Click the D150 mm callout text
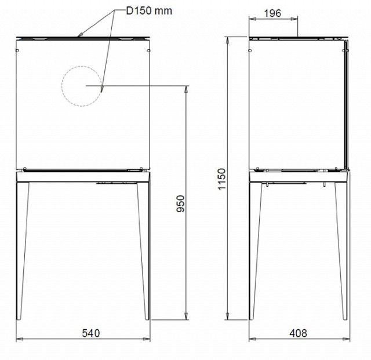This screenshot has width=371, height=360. [149, 11]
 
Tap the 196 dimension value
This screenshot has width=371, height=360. [272, 13]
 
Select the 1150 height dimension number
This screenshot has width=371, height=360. [221, 179]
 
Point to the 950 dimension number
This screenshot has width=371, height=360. [181, 203]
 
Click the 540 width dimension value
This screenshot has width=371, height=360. [91, 333]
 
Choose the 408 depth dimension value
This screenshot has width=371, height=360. [298, 333]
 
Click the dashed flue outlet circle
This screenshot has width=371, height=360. [62, 86]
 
